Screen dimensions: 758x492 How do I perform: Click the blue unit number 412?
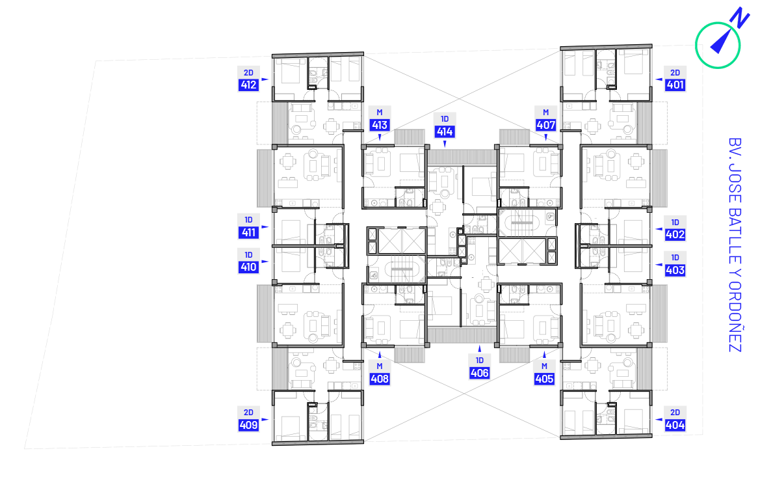(x=248, y=85)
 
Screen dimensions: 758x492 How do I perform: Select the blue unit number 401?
(x=675, y=85)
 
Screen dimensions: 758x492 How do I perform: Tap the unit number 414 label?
(x=444, y=131)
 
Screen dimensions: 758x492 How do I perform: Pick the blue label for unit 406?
(x=480, y=373)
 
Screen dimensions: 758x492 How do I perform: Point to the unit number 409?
(x=248, y=425)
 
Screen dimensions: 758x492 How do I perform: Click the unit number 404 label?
(x=675, y=425)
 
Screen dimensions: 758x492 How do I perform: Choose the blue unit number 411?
(x=248, y=233)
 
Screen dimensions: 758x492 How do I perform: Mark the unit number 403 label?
(x=675, y=271)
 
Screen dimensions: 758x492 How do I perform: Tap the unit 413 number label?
(x=380, y=126)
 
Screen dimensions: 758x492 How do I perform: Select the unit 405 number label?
(x=544, y=379)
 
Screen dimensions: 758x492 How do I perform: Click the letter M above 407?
(x=546, y=112)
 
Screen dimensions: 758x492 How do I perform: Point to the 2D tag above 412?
(x=248, y=73)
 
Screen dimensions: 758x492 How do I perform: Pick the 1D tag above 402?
(x=675, y=223)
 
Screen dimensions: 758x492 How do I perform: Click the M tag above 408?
(x=380, y=366)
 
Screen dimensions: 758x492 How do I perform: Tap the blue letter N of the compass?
(x=740, y=18)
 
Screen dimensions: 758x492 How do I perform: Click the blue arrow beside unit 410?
(x=265, y=262)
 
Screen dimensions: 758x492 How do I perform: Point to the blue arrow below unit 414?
(x=445, y=144)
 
